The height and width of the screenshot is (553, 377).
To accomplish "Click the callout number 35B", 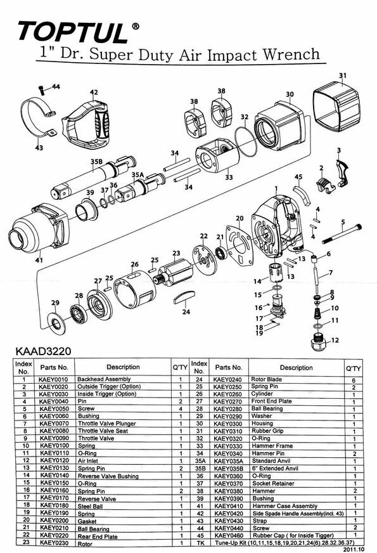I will tap(96, 162).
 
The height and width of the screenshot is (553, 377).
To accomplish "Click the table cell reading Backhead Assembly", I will tap(105, 378).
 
